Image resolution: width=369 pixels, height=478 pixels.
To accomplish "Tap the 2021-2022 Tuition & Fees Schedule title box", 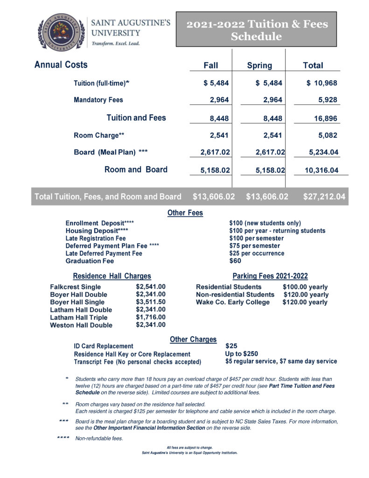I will point(256,29).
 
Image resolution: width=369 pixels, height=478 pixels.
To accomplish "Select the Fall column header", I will point(211,65).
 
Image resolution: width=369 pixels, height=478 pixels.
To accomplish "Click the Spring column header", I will point(259,65).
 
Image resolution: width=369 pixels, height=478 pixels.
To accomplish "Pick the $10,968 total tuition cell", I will point(321,83).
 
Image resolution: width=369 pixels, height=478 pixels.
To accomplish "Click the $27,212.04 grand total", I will point(324,197).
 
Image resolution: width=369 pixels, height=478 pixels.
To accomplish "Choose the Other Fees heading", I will point(185,213).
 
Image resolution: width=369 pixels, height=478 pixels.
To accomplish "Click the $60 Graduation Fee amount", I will point(235,261).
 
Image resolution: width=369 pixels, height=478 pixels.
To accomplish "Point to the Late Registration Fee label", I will point(96,238).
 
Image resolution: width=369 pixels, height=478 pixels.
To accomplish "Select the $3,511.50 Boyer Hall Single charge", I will point(151,302).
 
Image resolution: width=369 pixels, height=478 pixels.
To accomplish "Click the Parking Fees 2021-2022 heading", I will point(270,276).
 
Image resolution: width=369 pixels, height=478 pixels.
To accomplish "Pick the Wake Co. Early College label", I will point(233,302).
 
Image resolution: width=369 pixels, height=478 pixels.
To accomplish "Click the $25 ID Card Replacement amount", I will point(231,346).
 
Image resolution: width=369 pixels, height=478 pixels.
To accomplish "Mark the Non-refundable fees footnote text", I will point(99,438).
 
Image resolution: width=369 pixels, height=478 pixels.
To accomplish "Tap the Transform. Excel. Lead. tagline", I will point(115,43).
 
